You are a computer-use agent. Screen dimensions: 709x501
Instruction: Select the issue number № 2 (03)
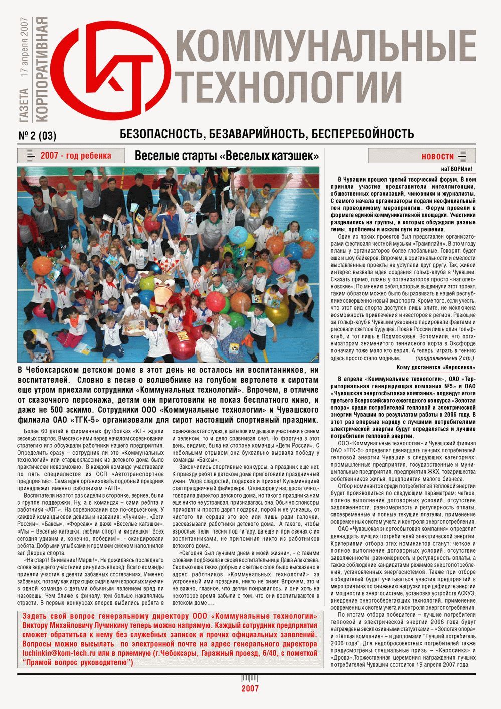(x=37, y=135)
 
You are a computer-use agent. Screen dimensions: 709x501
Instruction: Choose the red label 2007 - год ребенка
(x=75, y=156)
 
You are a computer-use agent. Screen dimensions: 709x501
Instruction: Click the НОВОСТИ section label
(x=437, y=157)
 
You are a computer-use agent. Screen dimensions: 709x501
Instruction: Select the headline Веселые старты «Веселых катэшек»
(x=227, y=156)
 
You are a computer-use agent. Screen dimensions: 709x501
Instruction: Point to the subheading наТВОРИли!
(x=456, y=170)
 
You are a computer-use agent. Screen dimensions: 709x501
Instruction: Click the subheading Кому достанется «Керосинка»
(x=435, y=367)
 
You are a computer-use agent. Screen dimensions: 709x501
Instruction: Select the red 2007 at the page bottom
(x=250, y=688)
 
